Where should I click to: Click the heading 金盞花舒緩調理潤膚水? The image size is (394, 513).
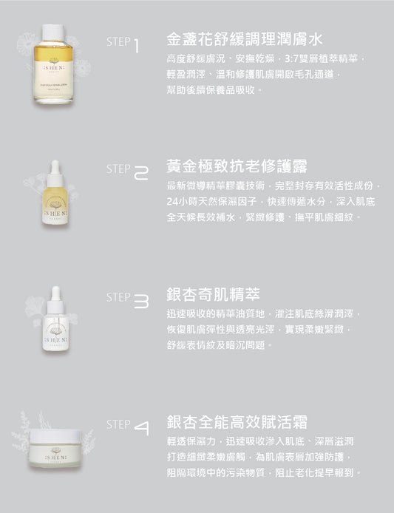point(235,38)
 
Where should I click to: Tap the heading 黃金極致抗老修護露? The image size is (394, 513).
point(228,166)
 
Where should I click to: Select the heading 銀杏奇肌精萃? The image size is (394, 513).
point(203,294)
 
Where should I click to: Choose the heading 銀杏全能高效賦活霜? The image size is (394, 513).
point(228,421)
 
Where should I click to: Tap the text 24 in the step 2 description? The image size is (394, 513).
point(173,201)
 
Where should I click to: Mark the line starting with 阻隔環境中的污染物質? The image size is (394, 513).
point(262,472)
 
